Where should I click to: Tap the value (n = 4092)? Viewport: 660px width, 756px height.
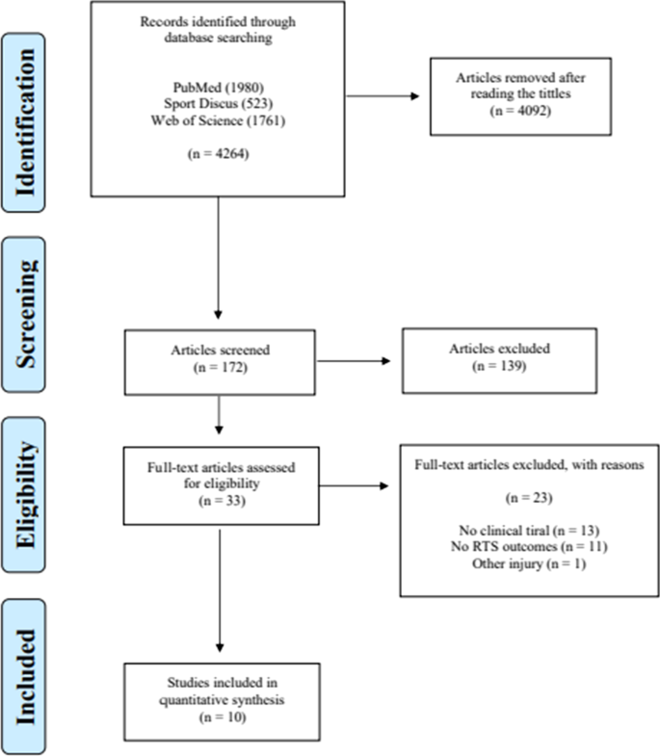[x=522, y=109]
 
